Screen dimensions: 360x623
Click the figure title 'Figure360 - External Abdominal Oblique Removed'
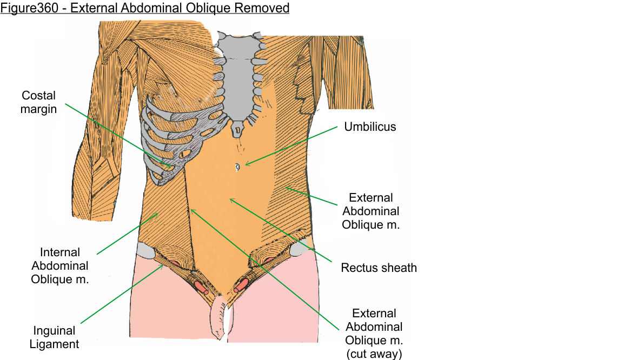[145, 8]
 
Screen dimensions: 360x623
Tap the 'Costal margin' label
[38, 102]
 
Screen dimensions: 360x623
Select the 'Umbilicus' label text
[370, 127]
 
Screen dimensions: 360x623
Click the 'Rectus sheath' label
[379, 268]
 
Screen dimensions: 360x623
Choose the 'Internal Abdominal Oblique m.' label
[59, 266]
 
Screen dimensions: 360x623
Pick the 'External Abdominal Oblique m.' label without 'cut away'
[370, 211]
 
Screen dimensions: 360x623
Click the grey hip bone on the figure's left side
[299, 249]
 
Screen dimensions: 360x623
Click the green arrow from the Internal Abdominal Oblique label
[127, 233]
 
